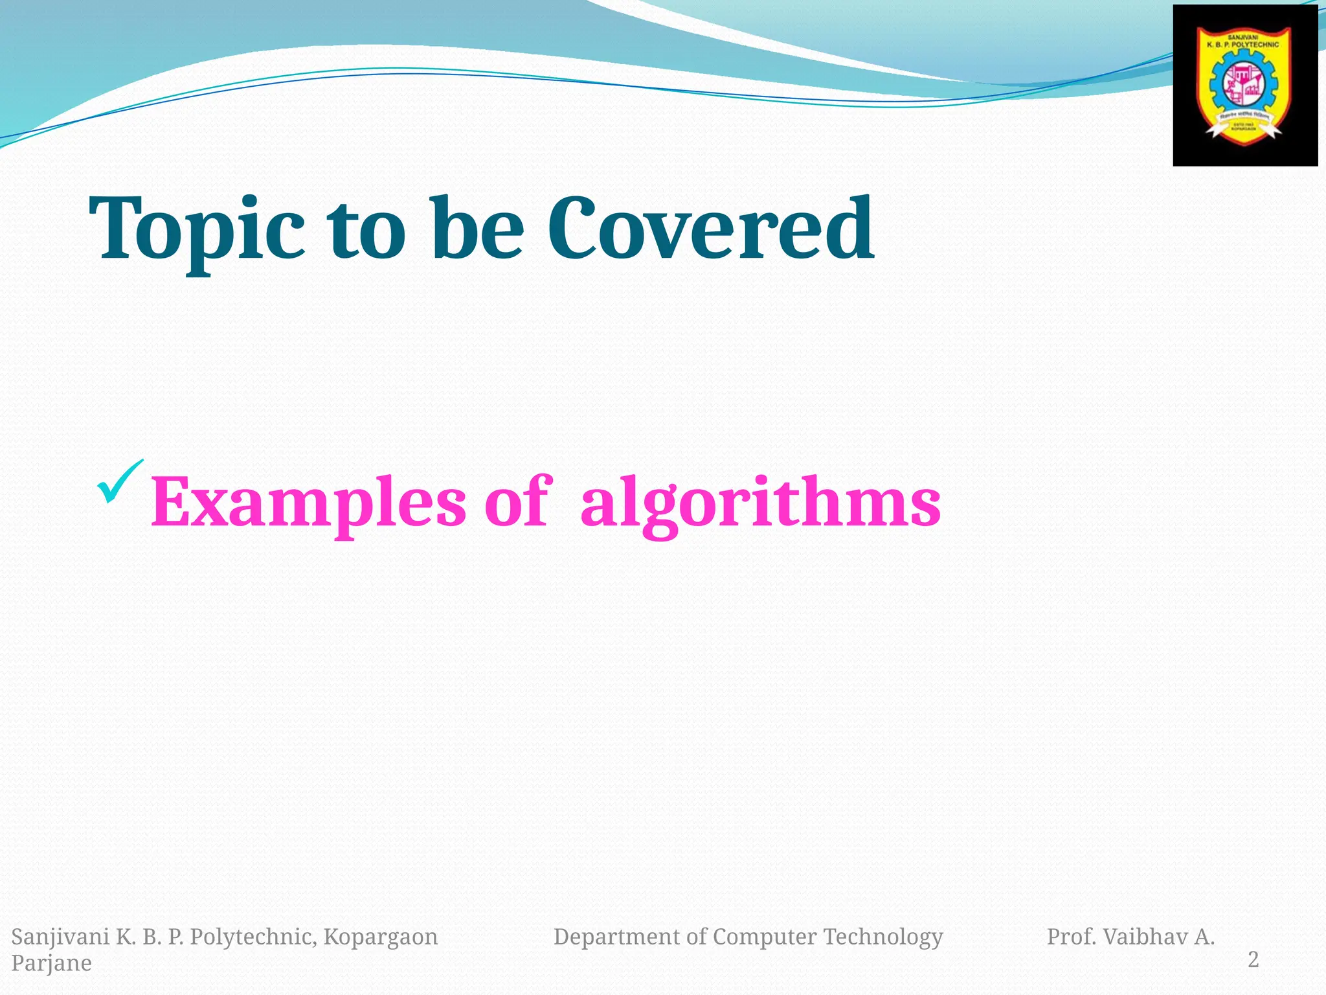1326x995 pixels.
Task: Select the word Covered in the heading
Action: point(710,230)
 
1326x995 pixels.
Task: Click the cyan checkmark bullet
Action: point(120,483)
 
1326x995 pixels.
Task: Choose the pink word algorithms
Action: point(760,504)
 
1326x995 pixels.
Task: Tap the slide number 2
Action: point(1253,959)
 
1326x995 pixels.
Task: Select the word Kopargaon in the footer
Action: point(381,937)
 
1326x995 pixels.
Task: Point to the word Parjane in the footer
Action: point(51,963)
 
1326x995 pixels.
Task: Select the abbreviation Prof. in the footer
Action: point(1071,937)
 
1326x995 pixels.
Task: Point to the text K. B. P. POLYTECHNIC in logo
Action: point(1242,45)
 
